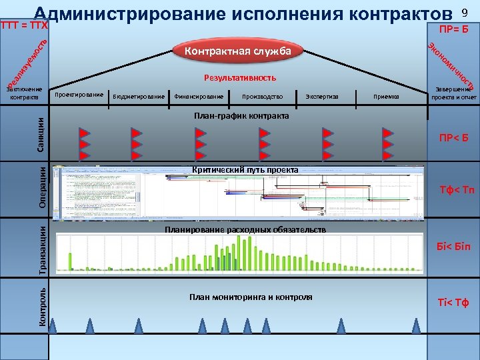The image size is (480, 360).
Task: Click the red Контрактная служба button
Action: pyautogui.click(x=238, y=51)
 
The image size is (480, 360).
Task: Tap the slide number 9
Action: pyautogui.click(x=465, y=13)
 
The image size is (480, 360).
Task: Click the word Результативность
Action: pyautogui.click(x=240, y=78)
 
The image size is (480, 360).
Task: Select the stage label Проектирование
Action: pyautogui.click(x=79, y=95)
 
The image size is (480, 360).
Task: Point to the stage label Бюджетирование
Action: pyautogui.click(x=139, y=97)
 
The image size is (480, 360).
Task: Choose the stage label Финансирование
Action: pyautogui.click(x=199, y=97)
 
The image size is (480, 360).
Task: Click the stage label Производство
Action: pyautogui.click(x=263, y=97)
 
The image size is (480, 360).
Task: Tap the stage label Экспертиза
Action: pyautogui.click(x=322, y=97)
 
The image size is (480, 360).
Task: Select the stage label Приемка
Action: pyautogui.click(x=387, y=97)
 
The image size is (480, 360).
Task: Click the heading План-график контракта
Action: pyautogui.click(x=241, y=117)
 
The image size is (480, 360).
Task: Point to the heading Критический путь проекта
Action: pyautogui.click(x=245, y=169)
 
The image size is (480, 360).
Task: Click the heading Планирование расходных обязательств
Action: pyautogui.click(x=245, y=229)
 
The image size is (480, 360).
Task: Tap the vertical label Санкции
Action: pyautogui.click(x=41, y=132)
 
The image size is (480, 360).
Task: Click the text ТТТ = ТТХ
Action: pyautogui.click(x=25, y=26)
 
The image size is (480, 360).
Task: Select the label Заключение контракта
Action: pyautogui.click(x=24, y=94)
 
